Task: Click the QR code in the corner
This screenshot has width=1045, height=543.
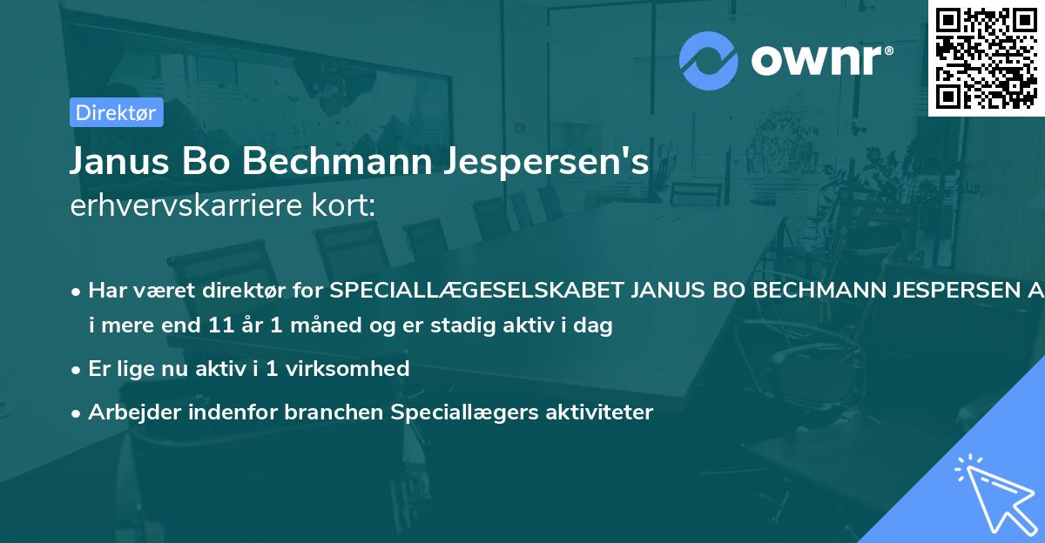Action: click(986, 57)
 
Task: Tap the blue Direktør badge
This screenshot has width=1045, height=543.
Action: click(116, 112)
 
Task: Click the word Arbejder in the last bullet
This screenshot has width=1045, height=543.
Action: click(128, 412)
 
